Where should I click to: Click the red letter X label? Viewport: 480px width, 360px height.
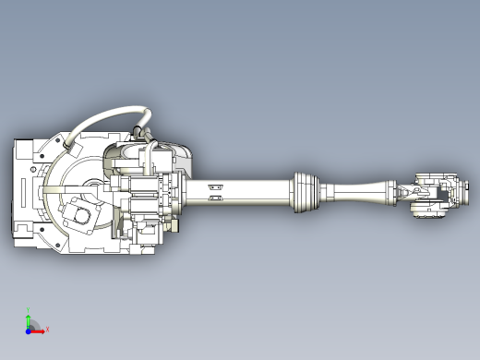47,329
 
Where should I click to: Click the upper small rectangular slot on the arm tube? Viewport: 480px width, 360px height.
217,185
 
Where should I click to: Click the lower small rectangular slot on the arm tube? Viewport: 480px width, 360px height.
217,197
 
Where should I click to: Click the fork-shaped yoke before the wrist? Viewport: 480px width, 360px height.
407,192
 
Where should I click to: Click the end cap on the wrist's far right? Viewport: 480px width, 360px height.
459,195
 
